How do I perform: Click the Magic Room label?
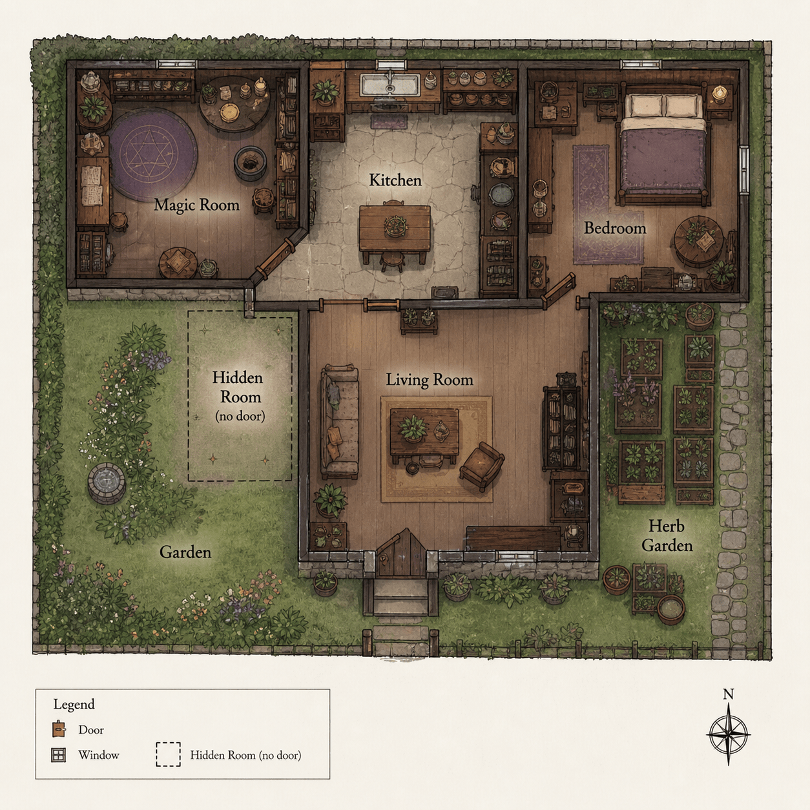[x=196, y=205]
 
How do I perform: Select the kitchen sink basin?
[x=391, y=85]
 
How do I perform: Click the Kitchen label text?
[x=395, y=180]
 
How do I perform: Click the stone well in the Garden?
[x=107, y=483]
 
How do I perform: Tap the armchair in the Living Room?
[x=482, y=466]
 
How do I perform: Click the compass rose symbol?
[x=729, y=734]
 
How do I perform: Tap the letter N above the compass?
[x=729, y=694]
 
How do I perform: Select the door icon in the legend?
[x=59, y=729]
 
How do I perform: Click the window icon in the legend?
[x=58, y=755]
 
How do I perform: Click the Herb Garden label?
[x=667, y=535]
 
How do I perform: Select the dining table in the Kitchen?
[x=395, y=229]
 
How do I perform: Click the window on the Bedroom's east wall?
[x=744, y=169]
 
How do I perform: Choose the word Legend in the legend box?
[x=74, y=705]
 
